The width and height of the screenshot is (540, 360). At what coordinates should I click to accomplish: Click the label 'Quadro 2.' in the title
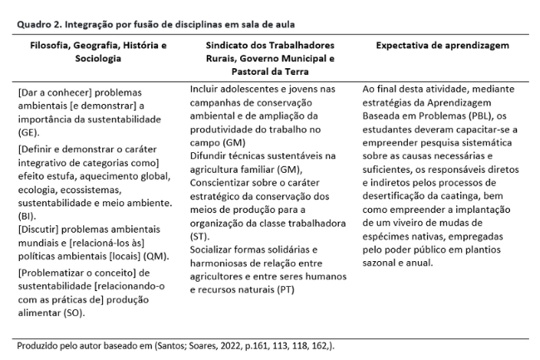click(x=38, y=25)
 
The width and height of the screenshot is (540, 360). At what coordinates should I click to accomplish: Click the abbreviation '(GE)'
click(x=28, y=131)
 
